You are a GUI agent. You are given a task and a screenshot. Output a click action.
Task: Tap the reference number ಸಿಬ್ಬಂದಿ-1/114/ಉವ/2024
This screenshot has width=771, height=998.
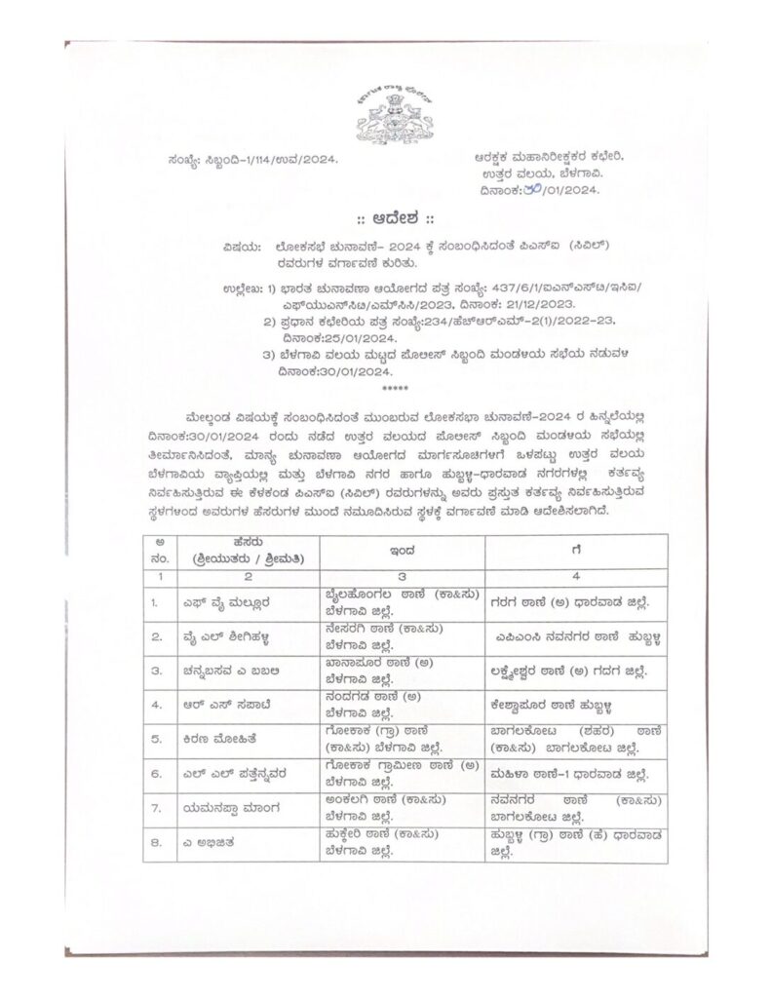click(x=239, y=159)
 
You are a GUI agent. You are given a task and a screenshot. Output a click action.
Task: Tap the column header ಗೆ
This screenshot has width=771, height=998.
click(x=576, y=550)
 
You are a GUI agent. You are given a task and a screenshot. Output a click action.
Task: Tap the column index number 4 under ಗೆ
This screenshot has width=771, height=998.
click(x=576, y=576)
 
